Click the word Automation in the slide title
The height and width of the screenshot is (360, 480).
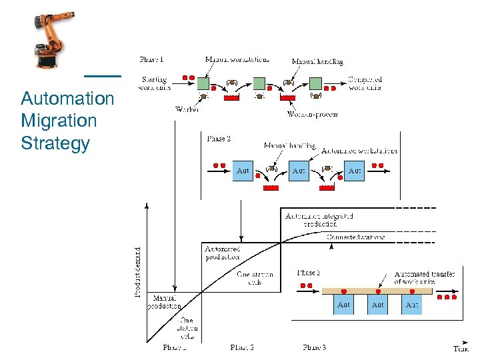pyautogui.click(x=67, y=99)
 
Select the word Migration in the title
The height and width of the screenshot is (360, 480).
pyautogui.click(x=59, y=121)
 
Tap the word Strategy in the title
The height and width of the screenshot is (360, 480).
pyautogui.click(x=55, y=143)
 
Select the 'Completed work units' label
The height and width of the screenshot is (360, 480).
pyautogui.click(x=365, y=83)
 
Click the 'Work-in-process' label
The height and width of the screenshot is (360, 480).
pyautogui.click(x=312, y=114)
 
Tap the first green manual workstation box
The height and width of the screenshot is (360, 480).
pyautogui.click(x=203, y=83)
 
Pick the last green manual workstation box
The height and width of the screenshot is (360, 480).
pyautogui.click(x=315, y=83)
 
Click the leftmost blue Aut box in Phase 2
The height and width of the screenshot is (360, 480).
pyautogui.click(x=243, y=171)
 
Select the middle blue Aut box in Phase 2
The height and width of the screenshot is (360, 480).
pyautogui.click(x=299, y=171)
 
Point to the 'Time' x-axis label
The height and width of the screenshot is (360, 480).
pyautogui.click(x=460, y=348)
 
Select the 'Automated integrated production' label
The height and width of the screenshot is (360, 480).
pyautogui.click(x=318, y=220)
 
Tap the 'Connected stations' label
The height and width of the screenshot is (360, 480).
pyautogui.click(x=355, y=237)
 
